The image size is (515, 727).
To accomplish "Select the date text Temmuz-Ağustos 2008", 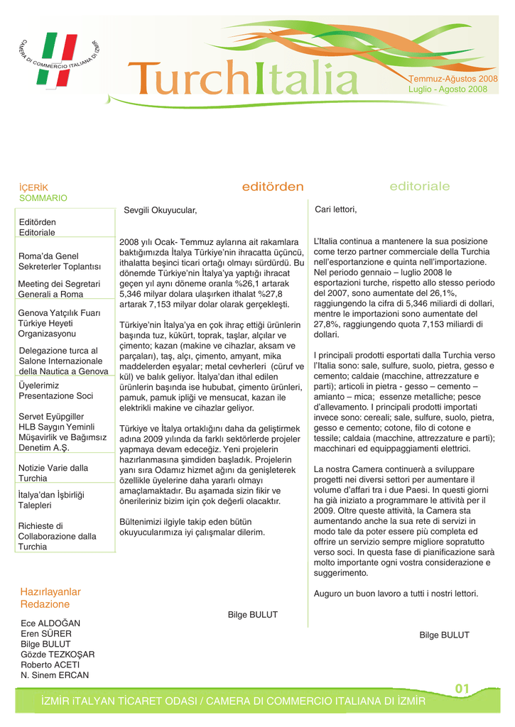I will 452,78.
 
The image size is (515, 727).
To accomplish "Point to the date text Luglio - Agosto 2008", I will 448,89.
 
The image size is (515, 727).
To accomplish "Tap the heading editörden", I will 273,187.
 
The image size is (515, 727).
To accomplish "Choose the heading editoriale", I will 420,186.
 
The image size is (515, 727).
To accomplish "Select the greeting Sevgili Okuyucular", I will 160,211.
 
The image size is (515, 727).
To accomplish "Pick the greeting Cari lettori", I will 335,210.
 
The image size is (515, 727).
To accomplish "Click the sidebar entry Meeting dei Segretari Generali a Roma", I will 60,289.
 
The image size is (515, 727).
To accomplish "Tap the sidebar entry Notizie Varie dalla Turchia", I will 53,473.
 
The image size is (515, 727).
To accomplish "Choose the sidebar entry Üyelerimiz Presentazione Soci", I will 55,390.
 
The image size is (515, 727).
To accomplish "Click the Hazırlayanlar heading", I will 50,591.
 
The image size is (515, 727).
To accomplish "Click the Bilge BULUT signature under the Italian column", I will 444,635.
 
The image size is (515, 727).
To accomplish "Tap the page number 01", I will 462,689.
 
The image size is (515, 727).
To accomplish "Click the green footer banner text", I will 233,701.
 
